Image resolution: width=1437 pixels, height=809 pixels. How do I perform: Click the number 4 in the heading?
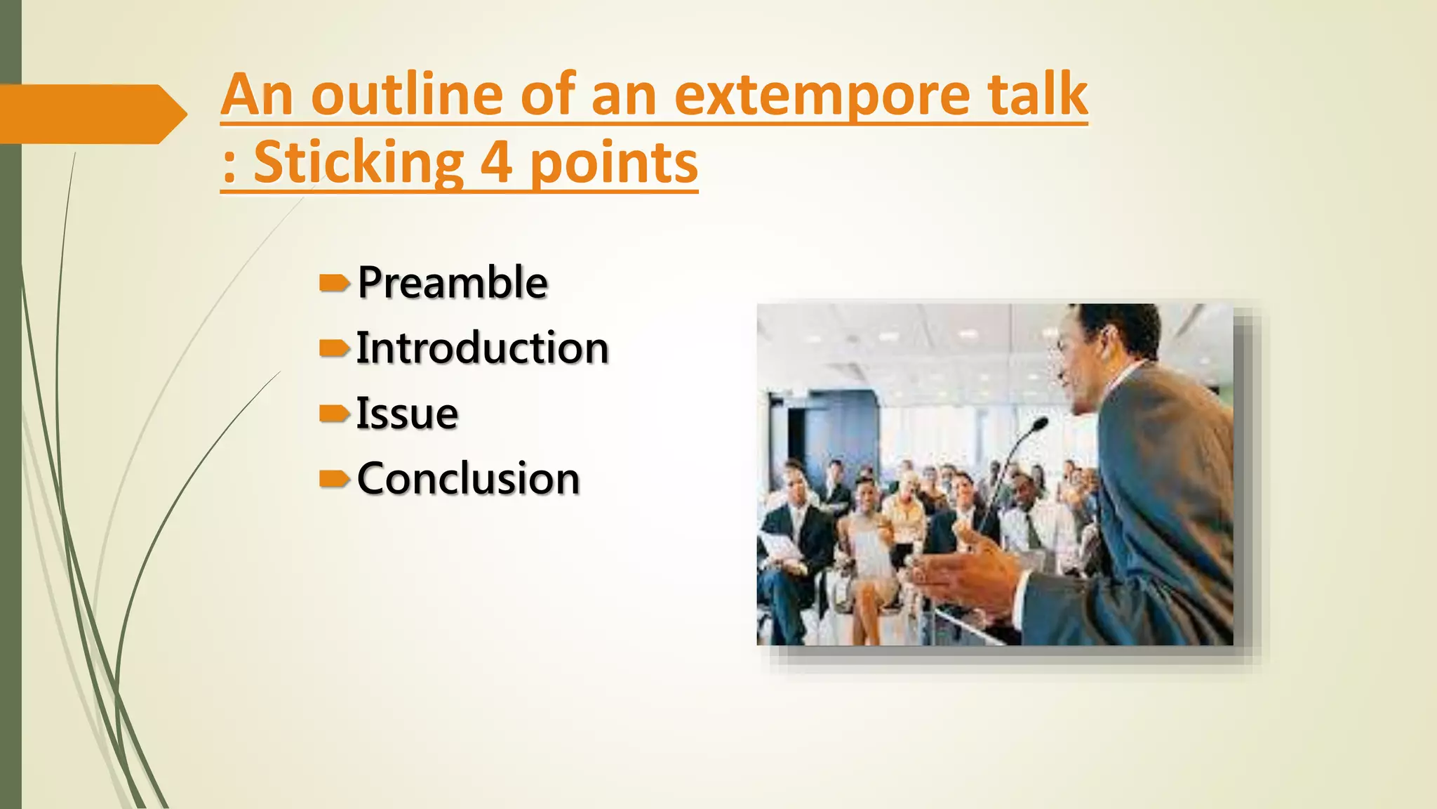pos(495,163)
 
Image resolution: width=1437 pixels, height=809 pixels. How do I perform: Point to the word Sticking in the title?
pos(358,163)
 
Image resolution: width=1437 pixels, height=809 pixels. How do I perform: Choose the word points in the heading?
pos(613,163)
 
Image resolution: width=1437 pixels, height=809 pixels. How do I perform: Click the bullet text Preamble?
pos(453,282)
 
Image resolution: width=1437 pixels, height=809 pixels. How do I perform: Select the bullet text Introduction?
pos(482,348)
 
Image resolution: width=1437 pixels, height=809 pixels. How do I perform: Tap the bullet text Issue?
pos(407,413)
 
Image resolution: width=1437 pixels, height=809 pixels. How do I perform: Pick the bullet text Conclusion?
pos(468,479)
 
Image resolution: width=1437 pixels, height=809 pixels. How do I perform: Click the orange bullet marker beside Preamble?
pos(334,283)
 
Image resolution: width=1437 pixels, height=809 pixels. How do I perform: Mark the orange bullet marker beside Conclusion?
pos(334,479)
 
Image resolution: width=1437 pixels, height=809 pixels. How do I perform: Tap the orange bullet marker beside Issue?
pos(334,414)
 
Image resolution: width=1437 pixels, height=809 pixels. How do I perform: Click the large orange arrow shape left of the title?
pos(91,114)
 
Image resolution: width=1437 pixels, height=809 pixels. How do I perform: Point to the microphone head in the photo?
pos(1038,425)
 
